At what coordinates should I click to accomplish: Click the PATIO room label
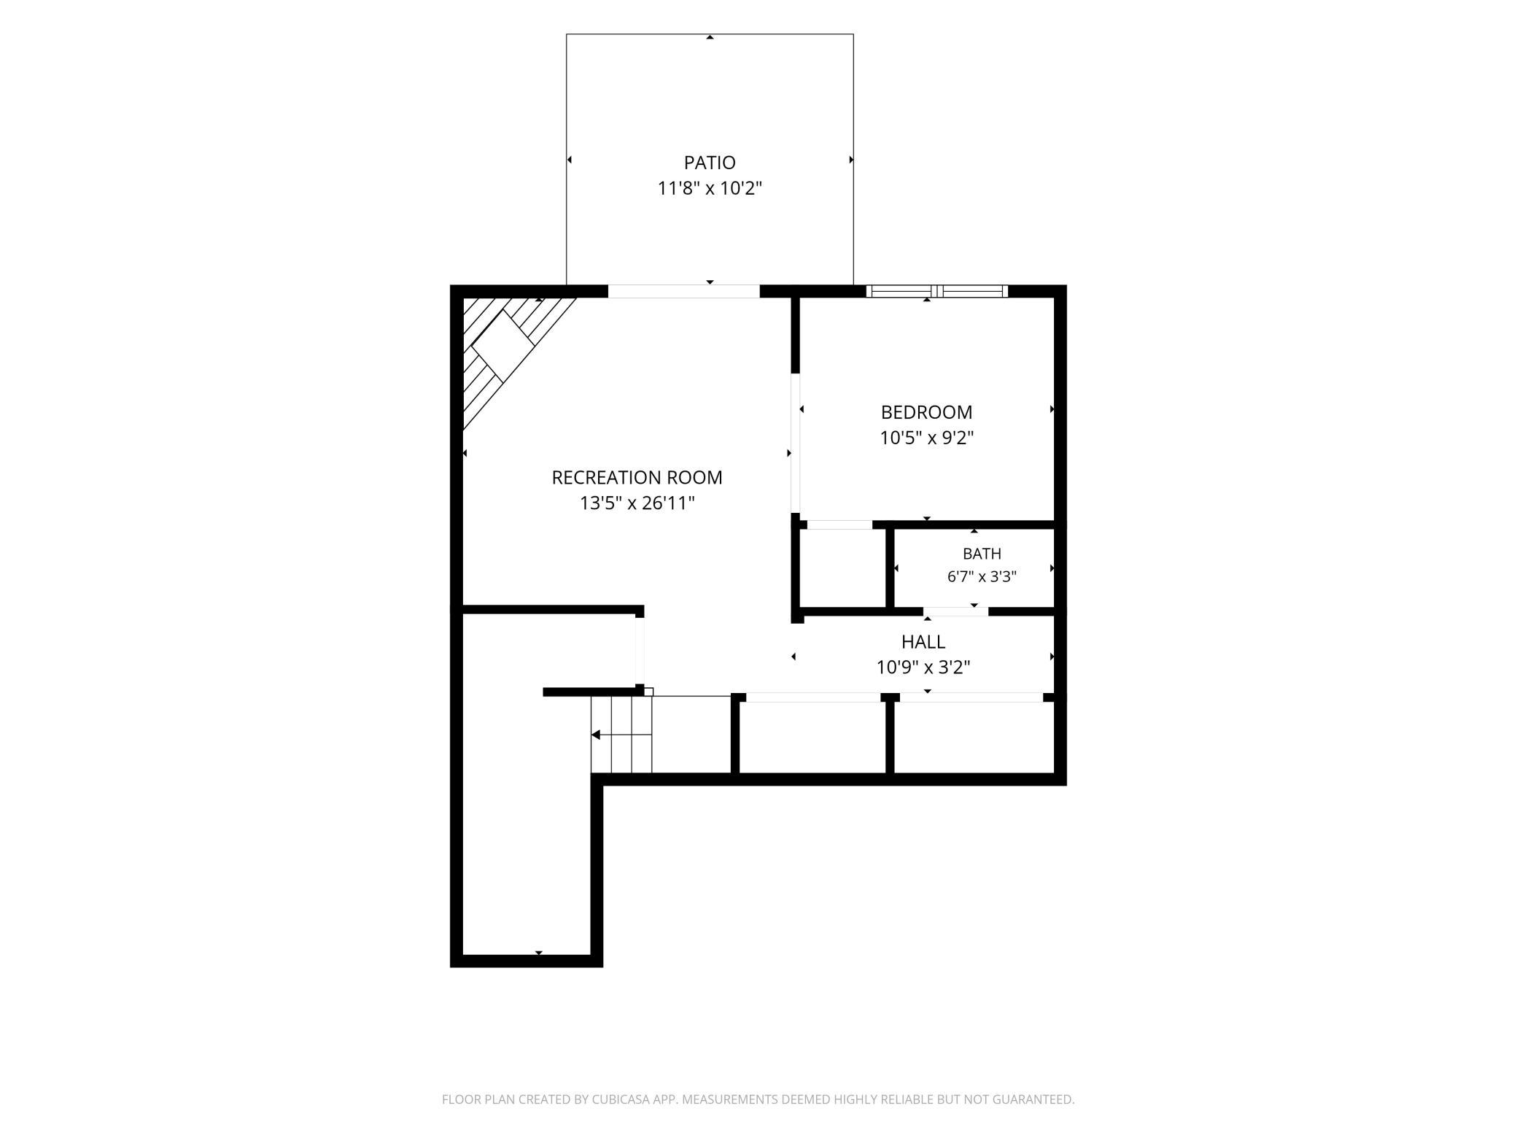coord(710,162)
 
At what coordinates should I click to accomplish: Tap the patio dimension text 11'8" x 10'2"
coord(710,188)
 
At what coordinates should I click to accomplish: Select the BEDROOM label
coord(926,412)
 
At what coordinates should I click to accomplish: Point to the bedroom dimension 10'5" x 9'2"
coord(926,438)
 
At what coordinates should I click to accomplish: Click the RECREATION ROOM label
coord(637,477)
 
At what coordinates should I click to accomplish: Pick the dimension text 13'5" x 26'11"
coord(637,503)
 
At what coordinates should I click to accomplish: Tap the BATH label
coord(982,554)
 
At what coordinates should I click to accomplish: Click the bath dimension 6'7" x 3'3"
coord(982,576)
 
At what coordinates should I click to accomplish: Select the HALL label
coord(923,641)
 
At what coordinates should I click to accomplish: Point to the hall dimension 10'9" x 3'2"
coord(923,667)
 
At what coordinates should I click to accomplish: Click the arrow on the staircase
coord(621,735)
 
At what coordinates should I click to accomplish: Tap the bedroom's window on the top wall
coord(937,291)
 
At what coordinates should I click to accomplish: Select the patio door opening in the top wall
coord(684,291)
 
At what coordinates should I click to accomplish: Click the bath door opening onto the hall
coord(955,611)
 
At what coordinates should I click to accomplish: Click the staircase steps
coord(621,735)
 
